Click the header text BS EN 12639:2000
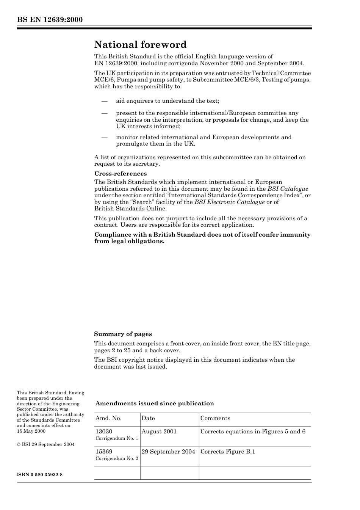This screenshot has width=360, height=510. pos(50,20)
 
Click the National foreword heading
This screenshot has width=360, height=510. pos(140,45)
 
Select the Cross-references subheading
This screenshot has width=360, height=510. pos(120,174)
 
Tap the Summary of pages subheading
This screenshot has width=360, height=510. pos(123,334)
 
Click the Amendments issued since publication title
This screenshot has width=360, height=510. pos(155,403)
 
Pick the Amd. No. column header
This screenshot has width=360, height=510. pos(108,418)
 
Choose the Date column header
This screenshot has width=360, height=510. pos(148,418)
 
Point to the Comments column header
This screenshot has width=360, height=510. pos(215,418)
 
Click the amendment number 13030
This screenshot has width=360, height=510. pos(104,432)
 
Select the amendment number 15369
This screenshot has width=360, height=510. pos(104,452)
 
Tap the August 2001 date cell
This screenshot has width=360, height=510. pos(159,432)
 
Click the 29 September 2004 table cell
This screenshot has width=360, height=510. pos(168,452)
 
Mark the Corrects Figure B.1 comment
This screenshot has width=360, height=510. pos(228,452)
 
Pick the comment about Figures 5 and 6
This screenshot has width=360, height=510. pos(253,432)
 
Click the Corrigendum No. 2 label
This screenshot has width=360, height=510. pos(117,458)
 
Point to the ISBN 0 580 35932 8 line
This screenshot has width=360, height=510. pos(40,475)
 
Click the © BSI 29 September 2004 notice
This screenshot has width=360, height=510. pos(45,444)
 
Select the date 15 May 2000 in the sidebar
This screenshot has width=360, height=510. pos(31,431)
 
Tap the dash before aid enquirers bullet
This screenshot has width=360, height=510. pos(104,101)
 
